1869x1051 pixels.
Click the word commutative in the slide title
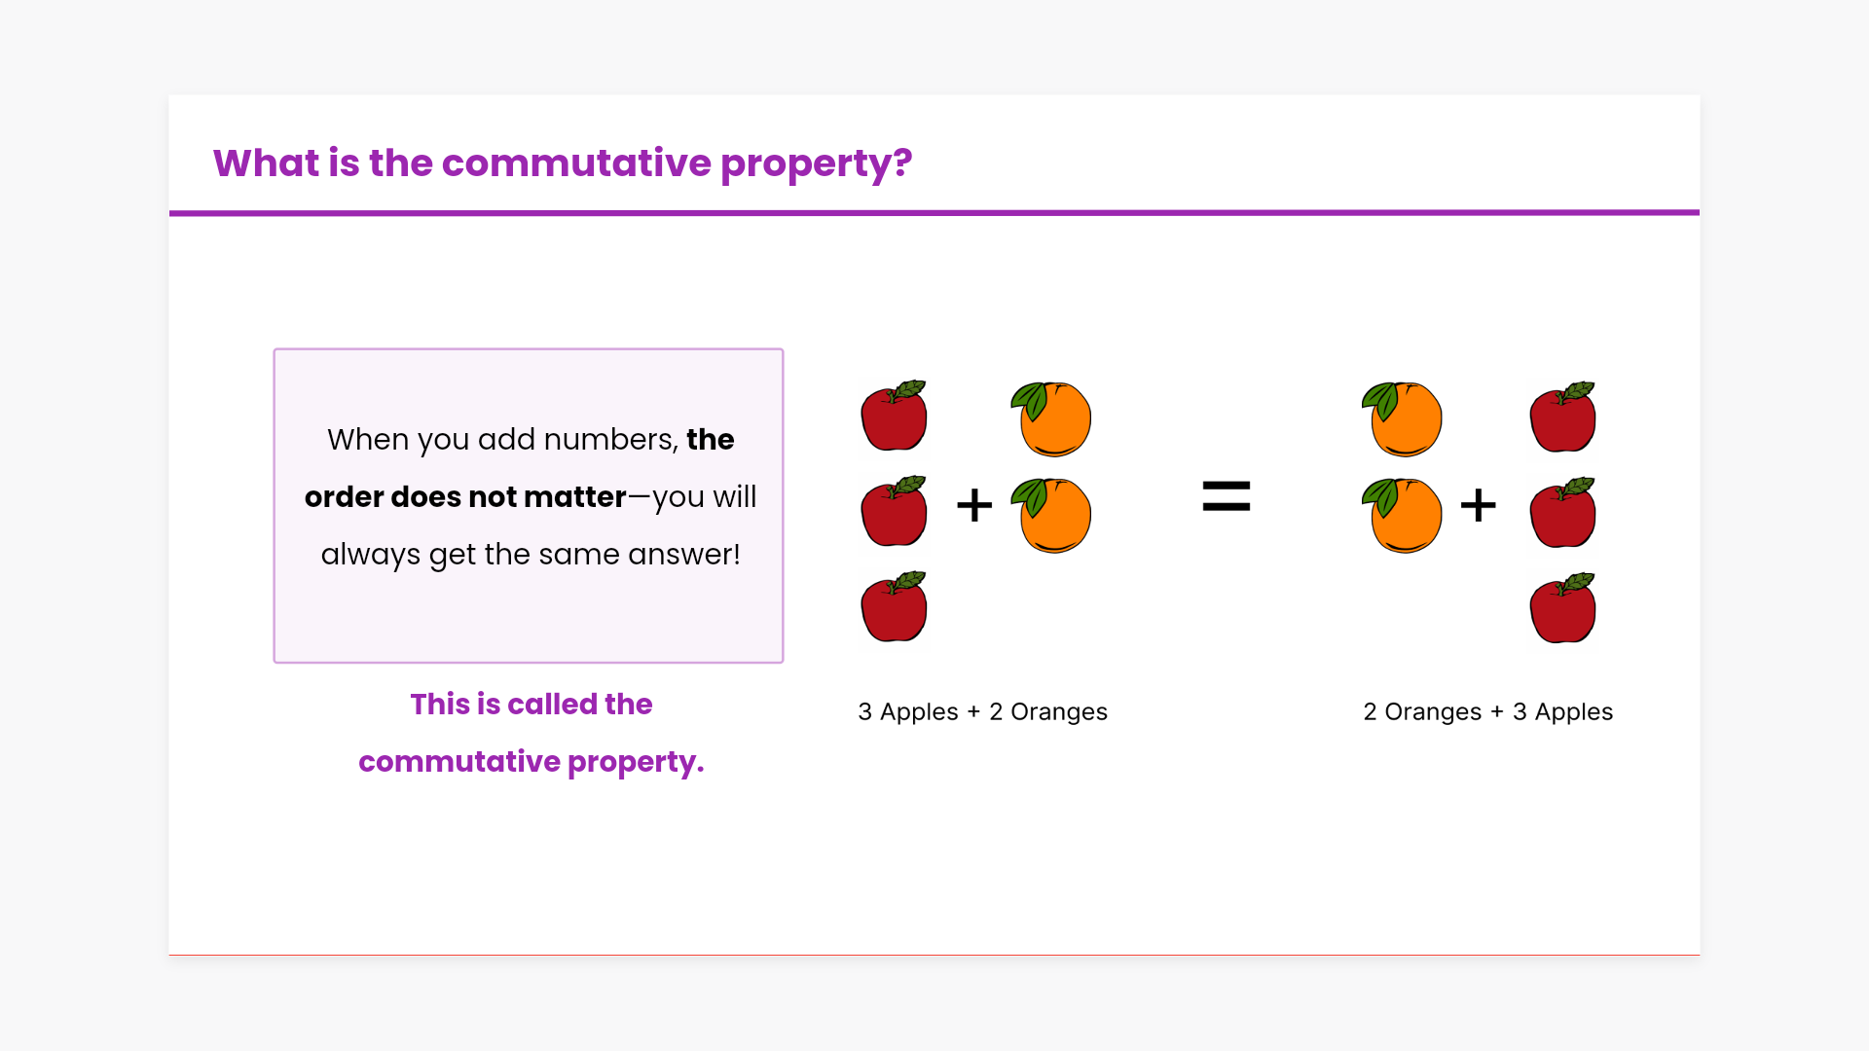pyautogui.click(x=576, y=163)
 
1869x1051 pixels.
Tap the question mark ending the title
pyautogui.click(x=902, y=163)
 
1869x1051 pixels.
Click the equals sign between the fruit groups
pyautogui.click(x=1227, y=496)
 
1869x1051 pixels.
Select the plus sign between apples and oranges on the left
pyautogui.click(x=974, y=505)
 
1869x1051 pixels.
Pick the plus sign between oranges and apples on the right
pyautogui.click(x=1479, y=505)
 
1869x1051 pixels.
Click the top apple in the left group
pyautogui.click(x=895, y=416)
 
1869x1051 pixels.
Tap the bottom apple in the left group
pyautogui.click(x=895, y=606)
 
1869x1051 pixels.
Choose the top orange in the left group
pyautogui.click(x=1051, y=418)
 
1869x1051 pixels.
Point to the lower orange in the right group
pyautogui.click(x=1402, y=515)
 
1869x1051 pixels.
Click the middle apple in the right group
pyautogui.click(x=1563, y=512)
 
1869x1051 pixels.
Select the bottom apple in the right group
pyautogui.click(x=1563, y=607)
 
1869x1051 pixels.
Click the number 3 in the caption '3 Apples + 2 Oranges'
pyautogui.click(x=864, y=712)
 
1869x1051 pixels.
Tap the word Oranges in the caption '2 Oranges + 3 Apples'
pyautogui.click(x=1433, y=712)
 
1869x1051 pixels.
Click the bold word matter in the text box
pyautogui.click(x=575, y=497)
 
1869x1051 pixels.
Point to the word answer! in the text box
pyautogui.click(x=684, y=555)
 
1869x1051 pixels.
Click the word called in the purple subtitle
pyautogui.click(x=552, y=704)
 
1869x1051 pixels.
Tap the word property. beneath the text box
pyautogui.click(x=636, y=762)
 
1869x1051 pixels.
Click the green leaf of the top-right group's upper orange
pyautogui.click(x=1380, y=398)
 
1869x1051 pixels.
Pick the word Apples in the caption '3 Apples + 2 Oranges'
pyautogui.click(x=919, y=712)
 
